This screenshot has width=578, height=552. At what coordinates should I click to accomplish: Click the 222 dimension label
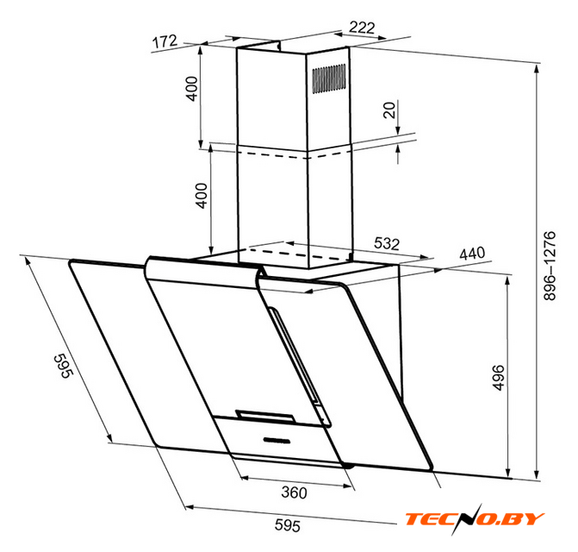[x=362, y=28]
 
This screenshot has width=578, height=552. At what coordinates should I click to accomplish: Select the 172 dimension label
[x=165, y=41]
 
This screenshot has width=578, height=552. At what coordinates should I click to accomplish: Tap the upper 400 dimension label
[x=192, y=89]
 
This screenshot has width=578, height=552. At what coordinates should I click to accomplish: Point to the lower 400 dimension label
[x=202, y=196]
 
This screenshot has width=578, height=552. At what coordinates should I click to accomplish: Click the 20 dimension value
[x=389, y=110]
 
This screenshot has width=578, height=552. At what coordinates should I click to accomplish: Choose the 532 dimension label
[x=387, y=243]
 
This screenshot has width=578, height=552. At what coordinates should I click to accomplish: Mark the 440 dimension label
[x=472, y=253]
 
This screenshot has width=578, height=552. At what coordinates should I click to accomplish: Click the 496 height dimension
[x=498, y=377]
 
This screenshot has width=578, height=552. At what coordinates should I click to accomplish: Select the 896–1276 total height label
[x=550, y=266]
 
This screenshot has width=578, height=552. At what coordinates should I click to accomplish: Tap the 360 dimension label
[x=294, y=492]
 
